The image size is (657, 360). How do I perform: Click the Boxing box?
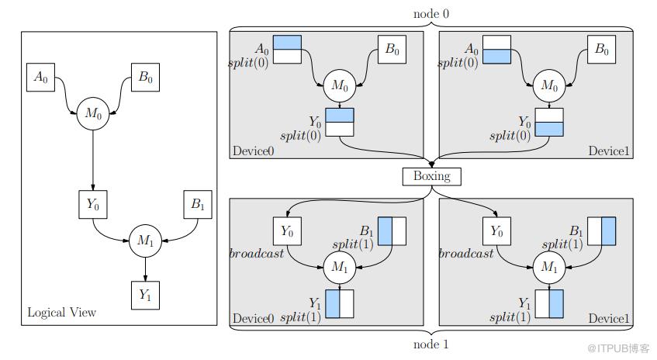click(x=431, y=176)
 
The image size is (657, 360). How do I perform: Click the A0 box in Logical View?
click(x=42, y=77)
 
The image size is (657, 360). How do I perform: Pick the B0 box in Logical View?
click(x=144, y=77)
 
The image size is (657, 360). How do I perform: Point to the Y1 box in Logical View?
click(x=144, y=294)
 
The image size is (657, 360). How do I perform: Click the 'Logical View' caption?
click(x=62, y=312)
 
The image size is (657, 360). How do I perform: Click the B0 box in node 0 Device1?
click(x=600, y=50)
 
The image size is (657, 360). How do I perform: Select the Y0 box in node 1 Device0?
click(x=287, y=230)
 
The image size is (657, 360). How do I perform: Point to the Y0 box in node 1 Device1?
click(x=496, y=230)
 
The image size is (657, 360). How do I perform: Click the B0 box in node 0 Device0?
click(x=392, y=50)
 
